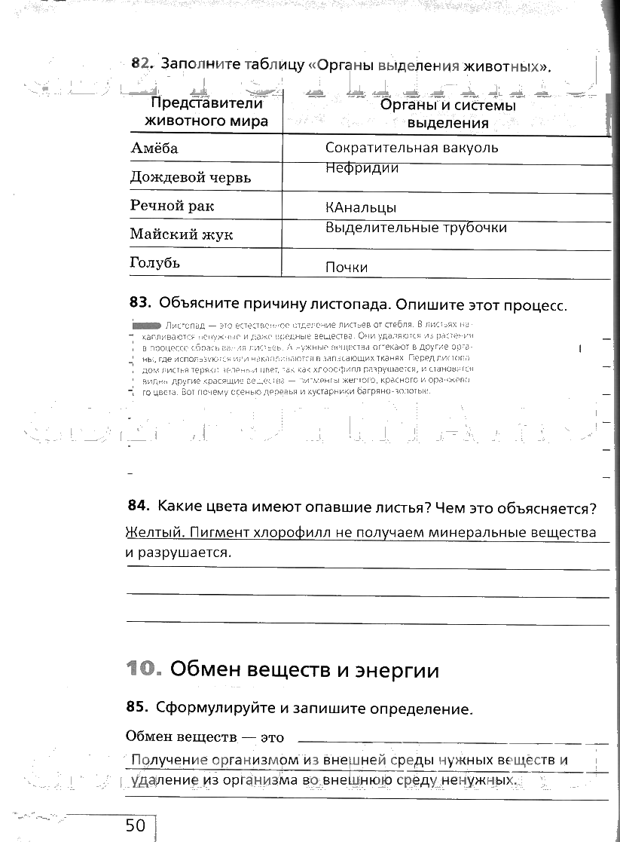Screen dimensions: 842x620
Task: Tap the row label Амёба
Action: click(x=154, y=148)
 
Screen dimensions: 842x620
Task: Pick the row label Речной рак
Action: click(x=172, y=206)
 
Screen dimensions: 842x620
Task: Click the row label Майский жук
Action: click(x=181, y=234)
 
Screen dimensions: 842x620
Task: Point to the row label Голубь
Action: click(x=154, y=263)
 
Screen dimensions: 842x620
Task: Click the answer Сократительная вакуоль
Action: click(x=411, y=148)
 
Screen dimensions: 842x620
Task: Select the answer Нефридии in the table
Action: click(x=362, y=168)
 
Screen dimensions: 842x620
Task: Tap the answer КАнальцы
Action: click(x=361, y=207)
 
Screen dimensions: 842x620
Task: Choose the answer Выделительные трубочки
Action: click(x=416, y=227)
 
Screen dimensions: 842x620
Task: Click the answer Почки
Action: click(x=347, y=267)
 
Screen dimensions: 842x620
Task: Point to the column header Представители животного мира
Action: click(x=206, y=112)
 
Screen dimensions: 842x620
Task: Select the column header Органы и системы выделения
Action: click(x=447, y=114)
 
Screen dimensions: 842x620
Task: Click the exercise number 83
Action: click(x=140, y=303)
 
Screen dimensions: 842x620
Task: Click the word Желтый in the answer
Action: click(x=154, y=532)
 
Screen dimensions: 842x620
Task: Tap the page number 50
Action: click(x=136, y=826)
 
